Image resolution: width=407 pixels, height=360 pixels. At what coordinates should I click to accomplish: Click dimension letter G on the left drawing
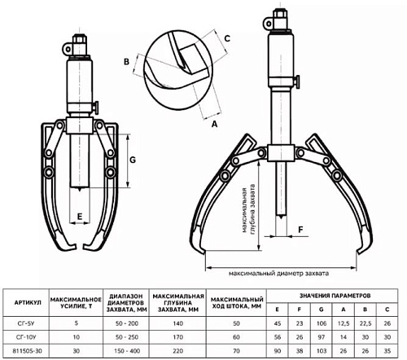133,160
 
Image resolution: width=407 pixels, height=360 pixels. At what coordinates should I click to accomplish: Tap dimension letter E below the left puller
80,217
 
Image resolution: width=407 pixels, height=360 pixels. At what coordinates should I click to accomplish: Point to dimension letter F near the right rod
300,230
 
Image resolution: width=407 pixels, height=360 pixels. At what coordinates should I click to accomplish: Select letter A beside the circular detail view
215,124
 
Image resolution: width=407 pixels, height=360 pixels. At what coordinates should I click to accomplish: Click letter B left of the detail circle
126,62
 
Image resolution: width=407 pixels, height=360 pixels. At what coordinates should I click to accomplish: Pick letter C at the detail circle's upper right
227,38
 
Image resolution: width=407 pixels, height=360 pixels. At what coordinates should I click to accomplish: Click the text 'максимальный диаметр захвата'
278,274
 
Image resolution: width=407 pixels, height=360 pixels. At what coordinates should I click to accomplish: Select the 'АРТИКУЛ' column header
28,302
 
